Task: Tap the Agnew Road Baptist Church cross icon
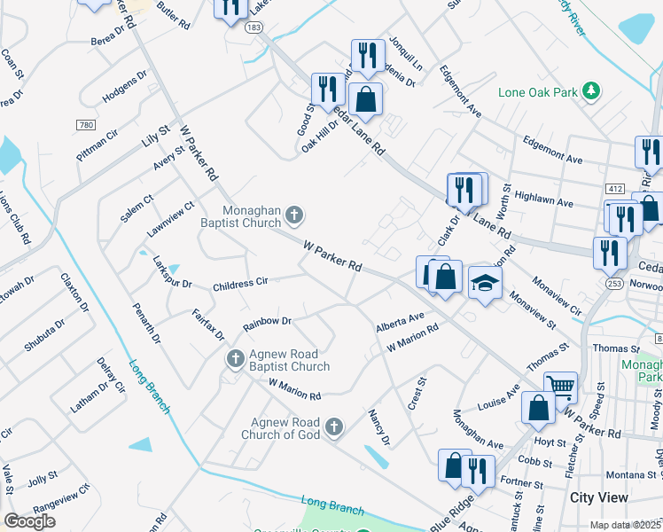tap(235, 359)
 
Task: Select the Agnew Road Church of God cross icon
tap(333, 428)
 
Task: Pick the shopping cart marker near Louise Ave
tap(560, 387)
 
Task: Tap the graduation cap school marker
tap(485, 284)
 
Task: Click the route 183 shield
tap(254, 28)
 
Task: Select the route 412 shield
tap(615, 189)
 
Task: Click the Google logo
tap(29, 521)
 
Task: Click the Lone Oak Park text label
tap(538, 91)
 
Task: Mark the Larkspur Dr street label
tap(172, 275)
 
